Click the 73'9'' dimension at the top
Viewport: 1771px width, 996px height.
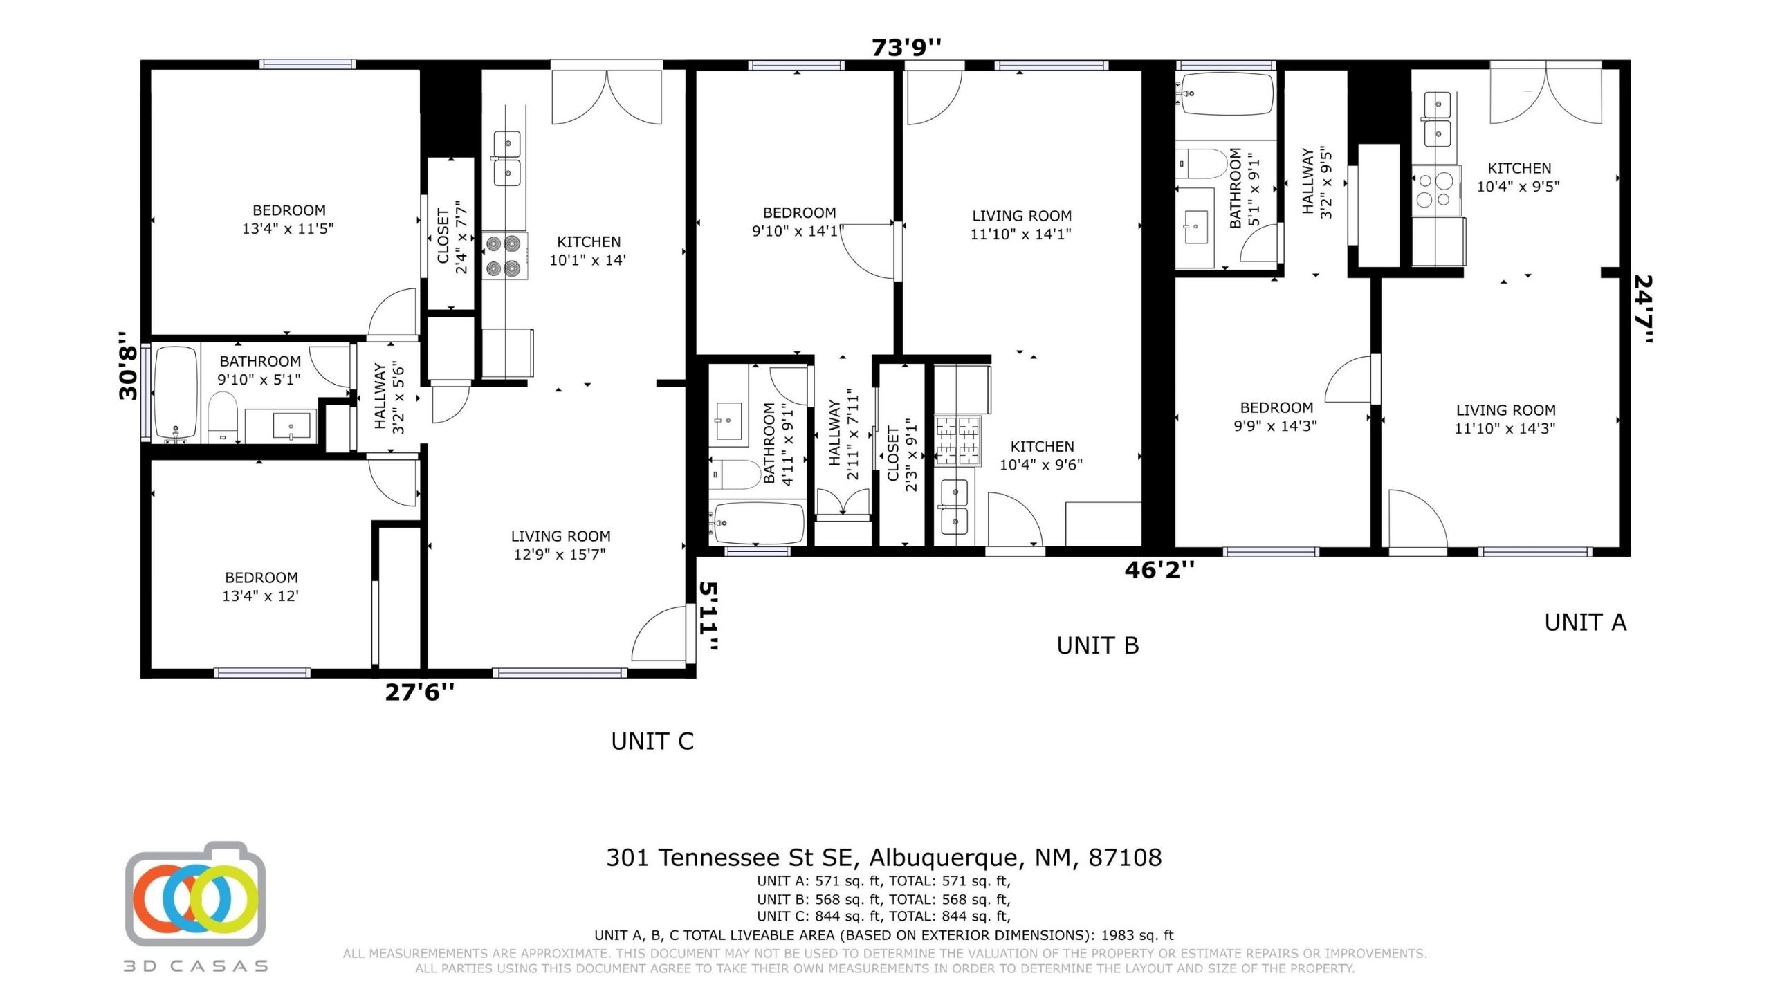pos(906,48)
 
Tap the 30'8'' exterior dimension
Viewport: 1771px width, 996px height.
pos(129,366)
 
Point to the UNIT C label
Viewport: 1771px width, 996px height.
pos(652,741)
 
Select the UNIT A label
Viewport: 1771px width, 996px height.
pos(1586,622)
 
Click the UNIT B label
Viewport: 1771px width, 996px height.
pos(1098,645)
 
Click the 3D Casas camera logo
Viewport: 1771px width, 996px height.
pos(196,894)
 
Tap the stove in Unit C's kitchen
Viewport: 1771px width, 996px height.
pos(504,256)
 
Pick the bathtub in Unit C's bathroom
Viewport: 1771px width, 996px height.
pos(176,394)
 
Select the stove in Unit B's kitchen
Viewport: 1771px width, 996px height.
pos(957,440)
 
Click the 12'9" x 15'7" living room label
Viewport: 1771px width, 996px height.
pos(560,545)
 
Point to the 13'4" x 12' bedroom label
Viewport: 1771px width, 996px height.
pos(261,587)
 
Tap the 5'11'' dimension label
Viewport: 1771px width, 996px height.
pos(709,616)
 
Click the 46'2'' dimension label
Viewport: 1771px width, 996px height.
pos(1159,570)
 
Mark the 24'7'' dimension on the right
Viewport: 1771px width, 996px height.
pos(1643,309)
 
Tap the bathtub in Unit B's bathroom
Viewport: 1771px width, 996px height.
pos(758,524)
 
